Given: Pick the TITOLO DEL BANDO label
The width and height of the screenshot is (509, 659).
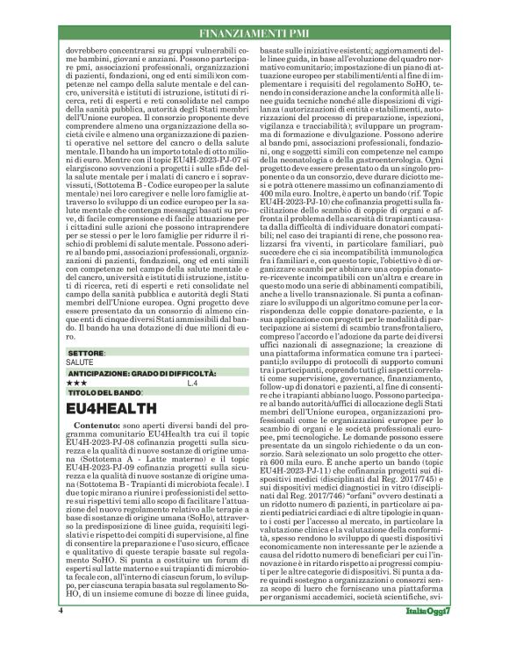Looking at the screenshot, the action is pyautogui.click(x=104, y=392).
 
